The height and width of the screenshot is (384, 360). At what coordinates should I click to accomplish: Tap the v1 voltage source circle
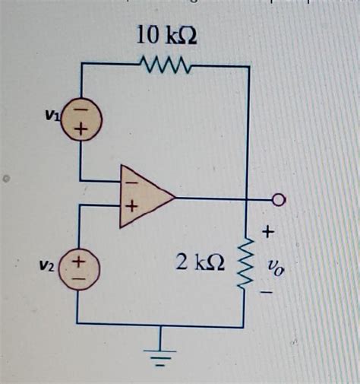pos(80,122)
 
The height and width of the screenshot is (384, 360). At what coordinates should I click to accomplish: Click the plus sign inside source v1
pos(80,131)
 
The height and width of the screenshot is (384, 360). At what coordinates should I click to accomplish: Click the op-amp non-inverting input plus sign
pos(131,206)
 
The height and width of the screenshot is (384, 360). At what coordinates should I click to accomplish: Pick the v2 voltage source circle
pos(79,270)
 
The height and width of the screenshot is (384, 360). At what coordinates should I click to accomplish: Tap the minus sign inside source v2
pos(79,279)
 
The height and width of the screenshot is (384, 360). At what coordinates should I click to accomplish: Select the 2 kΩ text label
pos(200,263)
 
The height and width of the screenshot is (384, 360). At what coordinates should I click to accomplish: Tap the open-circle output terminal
pos(279,200)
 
